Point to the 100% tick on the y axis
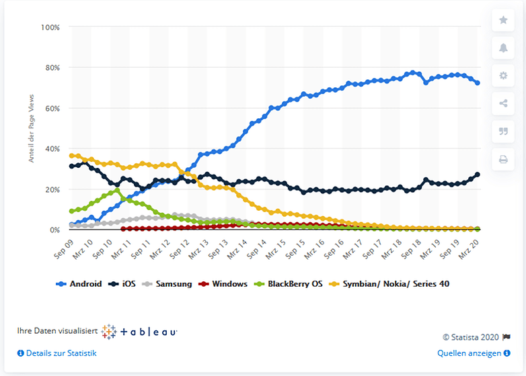click(x=50, y=27)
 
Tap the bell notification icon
click(x=503, y=48)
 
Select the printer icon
click(x=503, y=159)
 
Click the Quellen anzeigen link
click(x=469, y=353)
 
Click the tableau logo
click(x=139, y=332)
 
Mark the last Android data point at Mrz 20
click(x=478, y=83)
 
